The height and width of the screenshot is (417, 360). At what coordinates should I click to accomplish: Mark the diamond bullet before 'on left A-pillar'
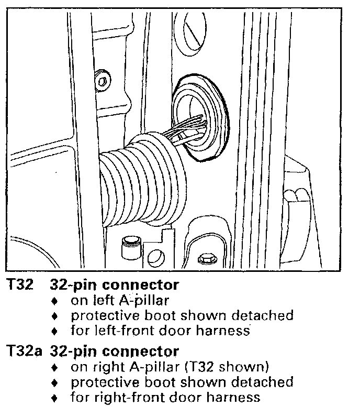55,301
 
